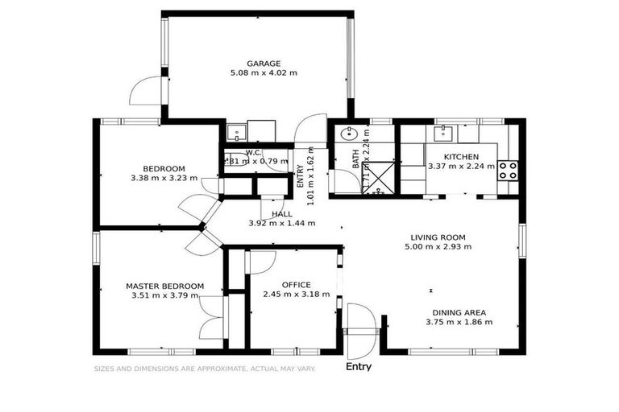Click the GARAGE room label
264,63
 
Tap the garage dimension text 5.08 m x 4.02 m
264,72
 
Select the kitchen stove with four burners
508,170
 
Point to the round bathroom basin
350,134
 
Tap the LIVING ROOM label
438,237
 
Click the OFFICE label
296,285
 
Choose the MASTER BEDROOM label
164,286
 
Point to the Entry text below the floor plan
359,367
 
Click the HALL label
281,214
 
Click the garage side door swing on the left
147,90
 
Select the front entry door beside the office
360,330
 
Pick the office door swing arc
260,262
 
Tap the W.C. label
253,152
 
